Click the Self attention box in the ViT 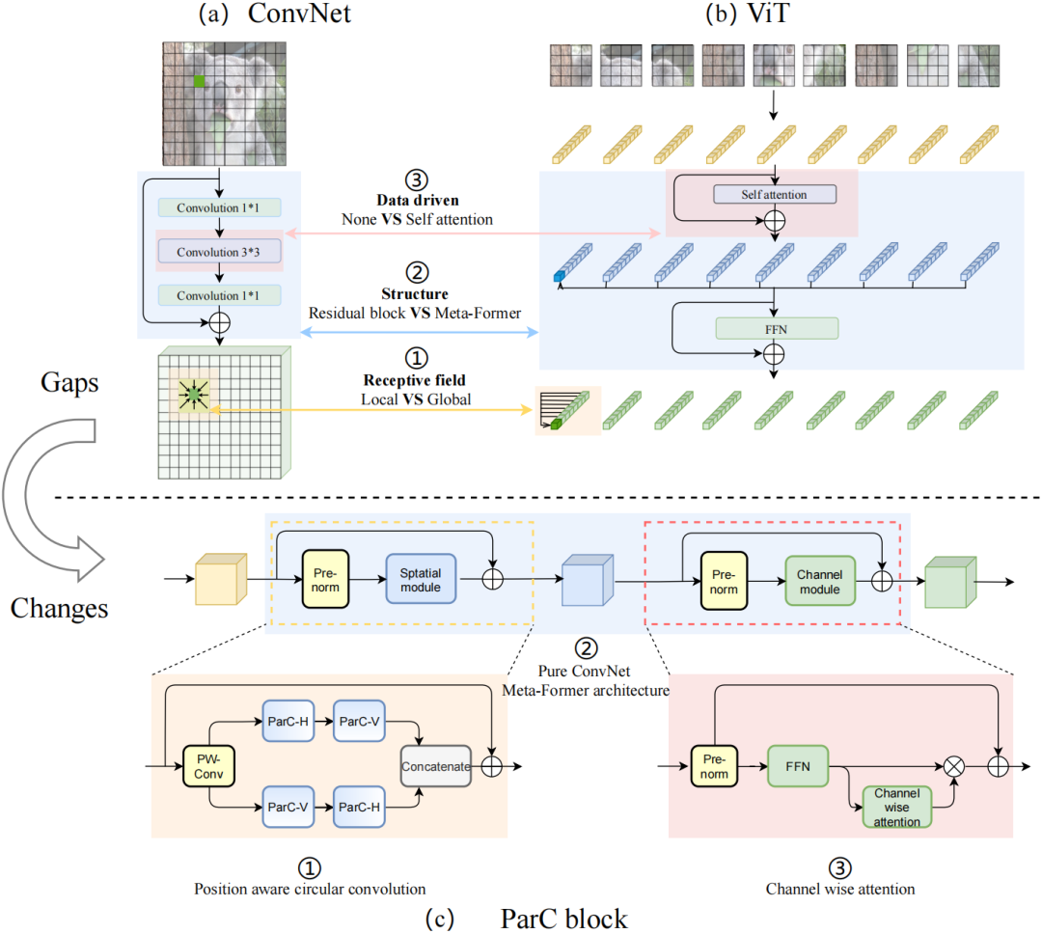[x=774, y=194]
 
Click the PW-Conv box [x=208, y=767]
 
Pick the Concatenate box [x=435, y=767]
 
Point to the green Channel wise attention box [x=896, y=807]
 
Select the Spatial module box [x=421, y=580]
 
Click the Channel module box [x=819, y=581]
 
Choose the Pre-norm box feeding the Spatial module [x=325, y=580]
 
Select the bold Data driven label [x=418, y=200]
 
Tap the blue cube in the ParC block [x=585, y=583]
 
